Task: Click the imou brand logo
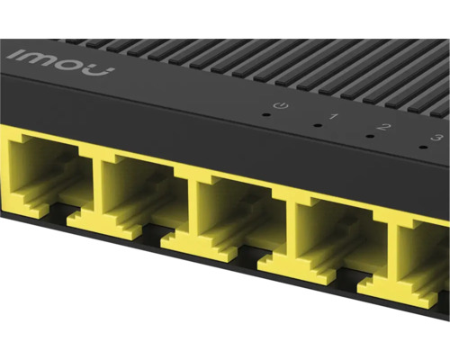tap(60, 61)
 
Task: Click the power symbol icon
tap(281, 105)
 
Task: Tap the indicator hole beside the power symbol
tap(265, 114)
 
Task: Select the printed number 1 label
tap(333, 116)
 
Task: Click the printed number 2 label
tap(384, 127)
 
